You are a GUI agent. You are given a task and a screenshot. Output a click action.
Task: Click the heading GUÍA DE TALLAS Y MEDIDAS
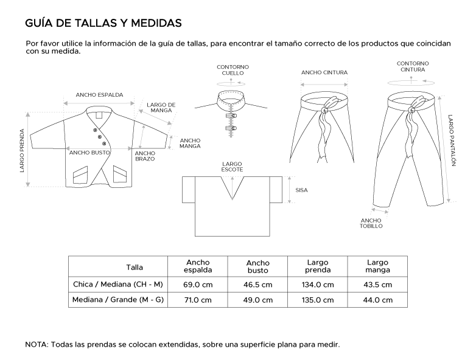click(x=103, y=23)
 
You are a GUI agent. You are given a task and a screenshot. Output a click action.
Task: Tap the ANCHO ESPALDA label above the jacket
click(x=99, y=95)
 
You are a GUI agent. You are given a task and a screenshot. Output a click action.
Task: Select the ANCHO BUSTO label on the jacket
click(x=88, y=153)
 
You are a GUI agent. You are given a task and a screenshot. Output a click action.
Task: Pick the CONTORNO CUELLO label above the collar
click(x=233, y=69)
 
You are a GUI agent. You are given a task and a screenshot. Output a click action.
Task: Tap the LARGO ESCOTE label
click(x=233, y=166)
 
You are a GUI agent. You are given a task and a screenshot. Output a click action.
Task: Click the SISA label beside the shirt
click(x=301, y=190)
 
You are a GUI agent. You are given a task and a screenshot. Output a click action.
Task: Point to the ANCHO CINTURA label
click(x=324, y=72)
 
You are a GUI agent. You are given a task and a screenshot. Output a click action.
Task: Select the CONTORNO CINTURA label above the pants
click(x=413, y=66)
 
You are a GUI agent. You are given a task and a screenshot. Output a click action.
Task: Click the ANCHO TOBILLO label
click(x=371, y=223)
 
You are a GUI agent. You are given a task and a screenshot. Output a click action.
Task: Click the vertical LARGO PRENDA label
click(x=22, y=150)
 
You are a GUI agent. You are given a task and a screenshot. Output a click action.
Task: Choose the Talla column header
click(x=135, y=266)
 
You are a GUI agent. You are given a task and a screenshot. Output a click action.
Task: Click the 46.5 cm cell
click(x=258, y=285)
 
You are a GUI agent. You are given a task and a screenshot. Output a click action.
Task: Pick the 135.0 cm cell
click(x=318, y=300)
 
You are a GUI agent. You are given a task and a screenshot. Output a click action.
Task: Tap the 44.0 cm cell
click(x=378, y=300)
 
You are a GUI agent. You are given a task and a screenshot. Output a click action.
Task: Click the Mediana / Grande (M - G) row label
click(x=117, y=300)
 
